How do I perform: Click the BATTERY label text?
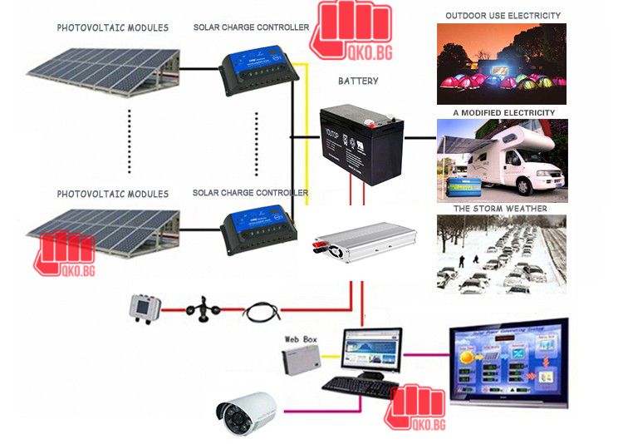[358, 81]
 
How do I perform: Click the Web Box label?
[302, 339]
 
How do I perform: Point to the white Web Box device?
[300, 361]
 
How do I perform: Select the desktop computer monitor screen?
[371, 349]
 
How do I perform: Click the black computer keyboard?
[359, 387]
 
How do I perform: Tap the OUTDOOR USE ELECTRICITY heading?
[503, 16]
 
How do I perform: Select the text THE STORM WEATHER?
[500, 209]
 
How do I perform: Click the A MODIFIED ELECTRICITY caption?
[503, 112]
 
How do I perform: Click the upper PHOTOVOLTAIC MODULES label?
[112, 28]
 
